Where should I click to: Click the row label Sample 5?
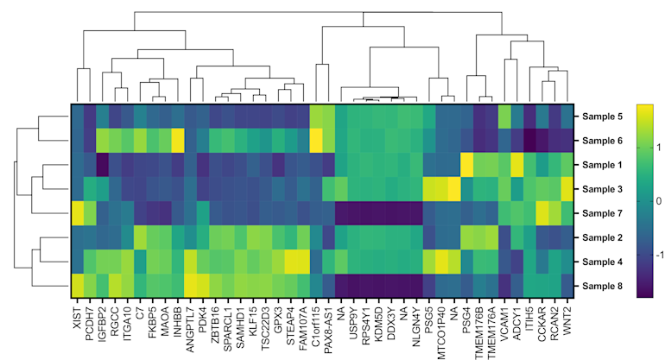602,117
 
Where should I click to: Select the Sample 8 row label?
602,286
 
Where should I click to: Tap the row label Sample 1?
602,165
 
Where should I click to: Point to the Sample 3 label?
602,189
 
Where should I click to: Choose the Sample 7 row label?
602,213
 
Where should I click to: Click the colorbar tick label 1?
661,148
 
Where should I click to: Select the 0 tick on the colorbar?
661,201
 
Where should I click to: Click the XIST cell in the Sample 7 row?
78,213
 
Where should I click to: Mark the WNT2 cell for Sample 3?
567,189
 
